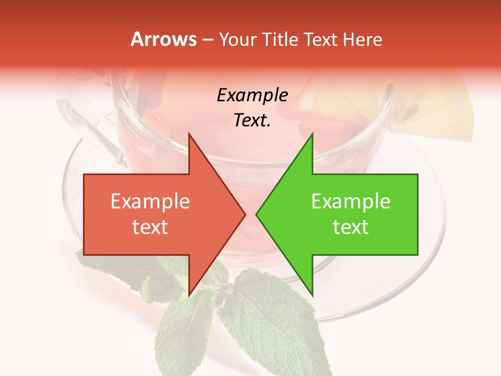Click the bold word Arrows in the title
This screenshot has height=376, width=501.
tap(163, 39)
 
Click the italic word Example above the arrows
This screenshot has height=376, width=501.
tap(252, 96)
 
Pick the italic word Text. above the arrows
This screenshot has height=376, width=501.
tap(252, 121)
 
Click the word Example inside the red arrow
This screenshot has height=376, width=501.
tap(150, 202)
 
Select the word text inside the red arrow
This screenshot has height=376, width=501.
tap(150, 227)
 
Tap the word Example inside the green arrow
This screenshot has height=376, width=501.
tap(351, 202)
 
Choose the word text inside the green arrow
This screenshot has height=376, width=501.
tap(351, 227)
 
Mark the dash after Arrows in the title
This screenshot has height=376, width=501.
tap(207, 40)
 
